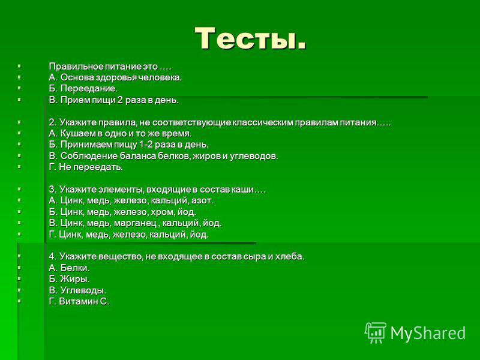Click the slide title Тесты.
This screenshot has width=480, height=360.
250,38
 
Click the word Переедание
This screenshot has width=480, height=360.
89,89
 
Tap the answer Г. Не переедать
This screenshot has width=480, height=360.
86,167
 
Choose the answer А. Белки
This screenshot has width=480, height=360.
69,268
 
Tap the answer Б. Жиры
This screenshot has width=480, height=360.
69,279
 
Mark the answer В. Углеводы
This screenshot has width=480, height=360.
77,290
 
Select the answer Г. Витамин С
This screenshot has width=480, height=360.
79,302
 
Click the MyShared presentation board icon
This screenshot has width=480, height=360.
376,333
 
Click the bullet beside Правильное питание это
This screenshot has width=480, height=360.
19,66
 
